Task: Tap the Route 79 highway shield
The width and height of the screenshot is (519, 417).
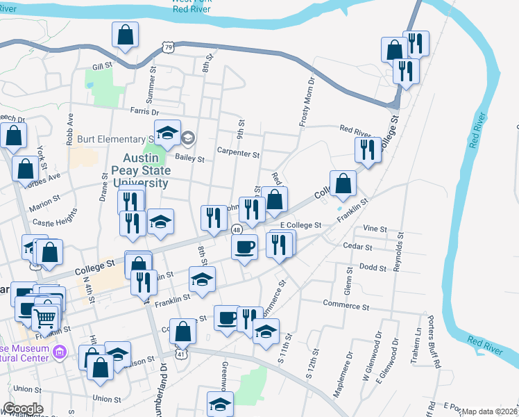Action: pos(169,47)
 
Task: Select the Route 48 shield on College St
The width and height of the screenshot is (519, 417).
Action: pos(237,229)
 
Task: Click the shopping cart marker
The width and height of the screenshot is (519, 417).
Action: pos(44,318)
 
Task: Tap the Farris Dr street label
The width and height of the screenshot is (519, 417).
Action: pos(144,112)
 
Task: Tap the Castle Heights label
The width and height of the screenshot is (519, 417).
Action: pos(54,222)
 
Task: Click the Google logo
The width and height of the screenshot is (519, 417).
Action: pos(23,409)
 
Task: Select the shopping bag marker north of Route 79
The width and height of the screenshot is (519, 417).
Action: pos(126,35)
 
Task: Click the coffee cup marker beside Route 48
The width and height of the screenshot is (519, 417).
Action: pos(244,247)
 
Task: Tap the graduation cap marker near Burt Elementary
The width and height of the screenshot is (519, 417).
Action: pos(167,132)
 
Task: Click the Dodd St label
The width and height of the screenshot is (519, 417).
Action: pos(373,266)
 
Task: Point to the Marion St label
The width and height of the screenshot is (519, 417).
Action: pos(46,207)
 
